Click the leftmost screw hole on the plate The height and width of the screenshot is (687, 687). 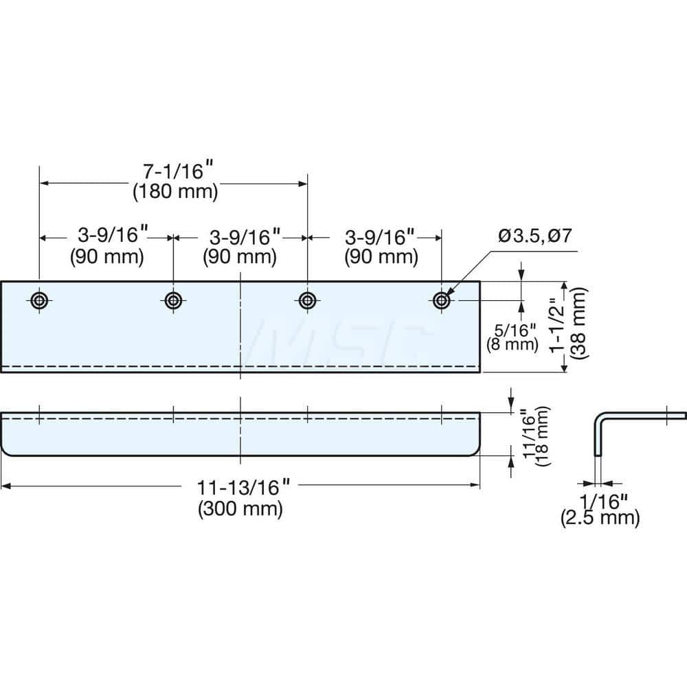click(39, 300)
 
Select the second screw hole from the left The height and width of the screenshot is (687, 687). click(172, 300)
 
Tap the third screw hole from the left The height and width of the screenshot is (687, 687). click(306, 300)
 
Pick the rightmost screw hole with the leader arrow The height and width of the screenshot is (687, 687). click(440, 300)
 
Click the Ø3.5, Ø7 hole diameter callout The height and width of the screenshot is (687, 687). click(535, 237)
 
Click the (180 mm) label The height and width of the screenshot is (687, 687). click(174, 193)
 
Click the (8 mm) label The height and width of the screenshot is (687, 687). click(511, 344)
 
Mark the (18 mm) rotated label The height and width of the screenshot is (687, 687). click(543, 437)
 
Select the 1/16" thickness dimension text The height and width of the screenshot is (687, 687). click(599, 499)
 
